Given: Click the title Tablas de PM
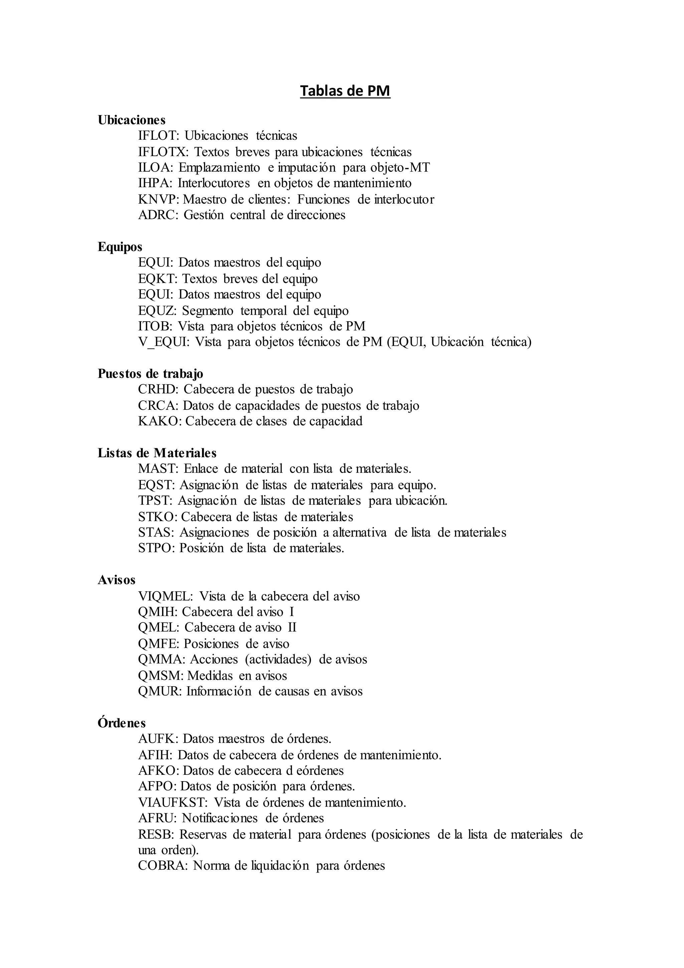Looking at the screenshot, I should pyautogui.click(x=345, y=91).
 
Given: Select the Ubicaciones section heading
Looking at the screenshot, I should pyautogui.click(x=131, y=120).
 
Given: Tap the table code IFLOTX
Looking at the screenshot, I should pyautogui.click(x=163, y=152).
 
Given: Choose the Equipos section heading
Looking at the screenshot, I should pyautogui.click(x=120, y=247).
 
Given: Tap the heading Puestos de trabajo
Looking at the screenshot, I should pyautogui.click(x=150, y=374).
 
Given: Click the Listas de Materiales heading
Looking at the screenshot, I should pyautogui.click(x=157, y=453).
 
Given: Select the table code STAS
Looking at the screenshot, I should pyautogui.click(x=155, y=532).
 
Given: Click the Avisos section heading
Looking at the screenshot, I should pyautogui.click(x=117, y=580).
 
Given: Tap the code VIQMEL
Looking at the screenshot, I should pyautogui.click(x=165, y=597).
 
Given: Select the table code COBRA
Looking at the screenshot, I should pyautogui.click(x=163, y=866).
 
